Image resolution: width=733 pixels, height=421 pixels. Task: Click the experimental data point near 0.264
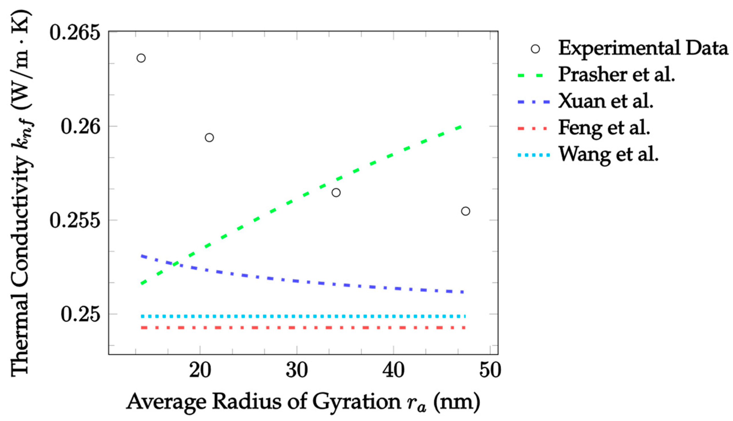pos(141,58)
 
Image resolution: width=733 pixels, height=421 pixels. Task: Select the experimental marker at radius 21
pos(209,138)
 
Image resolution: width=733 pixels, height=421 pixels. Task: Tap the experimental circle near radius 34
pos(336,193)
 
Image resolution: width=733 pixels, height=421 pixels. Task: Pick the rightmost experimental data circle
pos(466,211)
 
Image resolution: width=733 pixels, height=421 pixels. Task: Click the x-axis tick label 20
pos(200,371)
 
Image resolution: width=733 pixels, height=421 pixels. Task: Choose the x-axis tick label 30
pos(297,371)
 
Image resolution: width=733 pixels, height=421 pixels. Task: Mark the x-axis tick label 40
pos(393,371)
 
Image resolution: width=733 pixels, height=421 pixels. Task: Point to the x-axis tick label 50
pos(490,371)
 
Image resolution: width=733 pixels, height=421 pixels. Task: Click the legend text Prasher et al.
pos(617,75)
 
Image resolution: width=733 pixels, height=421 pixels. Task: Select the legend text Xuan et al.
pos(606,101)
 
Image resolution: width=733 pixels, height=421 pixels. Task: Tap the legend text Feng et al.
pos(604,127)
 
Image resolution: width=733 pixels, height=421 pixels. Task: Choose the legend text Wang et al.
pos(608,155)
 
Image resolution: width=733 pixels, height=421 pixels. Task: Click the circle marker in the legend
pos(535,49)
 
